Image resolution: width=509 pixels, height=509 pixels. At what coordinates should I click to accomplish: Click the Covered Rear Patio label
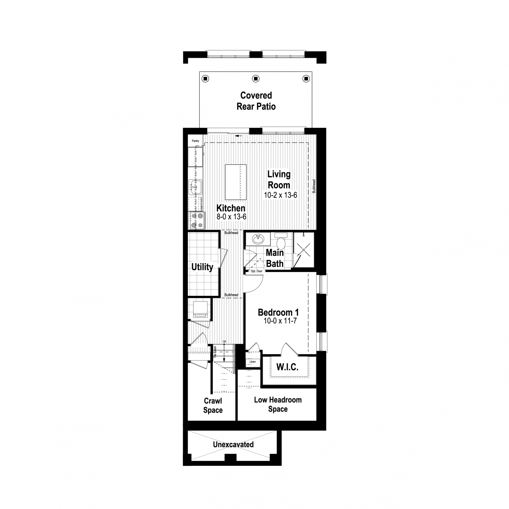[x=256, y=101]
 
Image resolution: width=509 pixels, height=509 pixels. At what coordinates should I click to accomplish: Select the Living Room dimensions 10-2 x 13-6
[x=280, y=195]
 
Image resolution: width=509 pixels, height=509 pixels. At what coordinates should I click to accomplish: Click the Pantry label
[x=196, y=141]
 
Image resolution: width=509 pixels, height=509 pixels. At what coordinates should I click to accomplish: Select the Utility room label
[x=202, y=267]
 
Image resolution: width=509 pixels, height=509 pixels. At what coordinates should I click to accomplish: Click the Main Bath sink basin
[x=258, y=239]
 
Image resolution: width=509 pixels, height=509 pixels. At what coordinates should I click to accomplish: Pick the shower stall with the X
[x=303, y=249]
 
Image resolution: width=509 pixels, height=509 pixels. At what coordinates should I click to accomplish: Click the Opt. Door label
[x=256, y=271]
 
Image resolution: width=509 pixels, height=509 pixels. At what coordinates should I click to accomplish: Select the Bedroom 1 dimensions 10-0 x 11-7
[x=280, y=321]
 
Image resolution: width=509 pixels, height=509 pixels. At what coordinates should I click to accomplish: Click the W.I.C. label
[x=287, y=367]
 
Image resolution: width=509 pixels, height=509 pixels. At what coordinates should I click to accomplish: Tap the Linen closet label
[x=253, y=362]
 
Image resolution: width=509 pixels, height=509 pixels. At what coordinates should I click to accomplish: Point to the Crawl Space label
[x=213, y=406]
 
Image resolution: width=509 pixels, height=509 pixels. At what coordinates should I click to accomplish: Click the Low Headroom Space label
[x=278, y=404]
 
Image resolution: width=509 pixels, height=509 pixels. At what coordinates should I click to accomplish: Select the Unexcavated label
[x=233, y=444]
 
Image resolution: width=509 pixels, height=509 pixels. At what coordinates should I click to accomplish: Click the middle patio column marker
[x=255, y=79]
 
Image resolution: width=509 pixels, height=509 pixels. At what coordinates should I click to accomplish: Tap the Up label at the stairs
[x=224, y=341]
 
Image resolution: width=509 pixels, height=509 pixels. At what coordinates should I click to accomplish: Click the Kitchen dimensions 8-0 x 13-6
[x=231, y=217]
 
